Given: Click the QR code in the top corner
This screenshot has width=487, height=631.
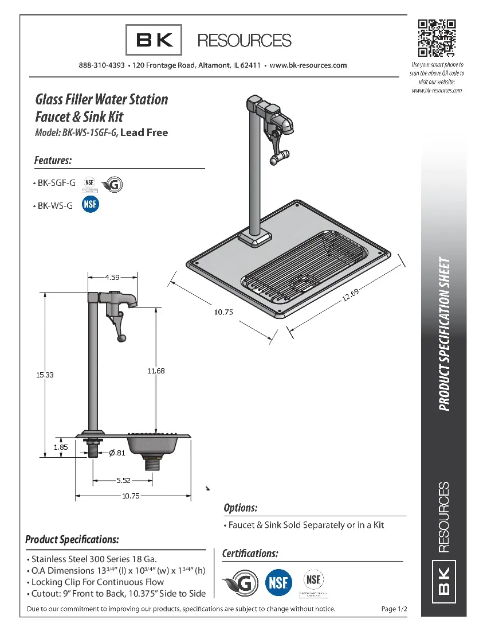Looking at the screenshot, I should click(437, 38).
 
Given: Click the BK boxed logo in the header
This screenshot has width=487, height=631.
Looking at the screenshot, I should click(154, 40).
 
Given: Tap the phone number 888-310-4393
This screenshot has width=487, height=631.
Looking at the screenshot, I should click(101, 65).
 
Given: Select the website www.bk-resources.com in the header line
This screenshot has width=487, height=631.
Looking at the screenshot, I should click(308, 65).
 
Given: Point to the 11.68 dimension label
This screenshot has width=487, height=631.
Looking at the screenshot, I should click(155, 371).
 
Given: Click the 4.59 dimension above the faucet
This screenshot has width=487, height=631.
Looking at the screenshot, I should click(112, 278).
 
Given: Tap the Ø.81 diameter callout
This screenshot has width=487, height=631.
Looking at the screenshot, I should click(116, 453).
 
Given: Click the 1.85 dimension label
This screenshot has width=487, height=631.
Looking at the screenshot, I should click(61, 447).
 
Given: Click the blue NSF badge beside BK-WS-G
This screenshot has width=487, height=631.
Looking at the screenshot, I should click(90, 205).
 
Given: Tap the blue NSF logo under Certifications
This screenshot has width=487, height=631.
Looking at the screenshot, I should click(279, 583).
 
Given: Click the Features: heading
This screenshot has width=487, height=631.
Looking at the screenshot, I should click(53, 160).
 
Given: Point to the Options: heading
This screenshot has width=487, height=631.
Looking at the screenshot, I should click(240, 508).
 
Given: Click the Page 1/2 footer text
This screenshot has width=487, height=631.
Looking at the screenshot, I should click(394, 609).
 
